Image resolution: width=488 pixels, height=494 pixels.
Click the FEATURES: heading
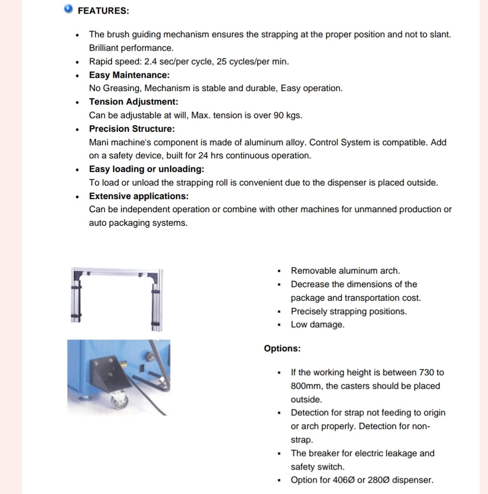click(x=103, y=11)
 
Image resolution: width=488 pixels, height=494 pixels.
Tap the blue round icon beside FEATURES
click(x=68, y=9)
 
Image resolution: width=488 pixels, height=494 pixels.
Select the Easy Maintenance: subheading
click(x=129, y=75)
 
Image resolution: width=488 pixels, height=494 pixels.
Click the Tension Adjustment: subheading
click(x=133, y=102)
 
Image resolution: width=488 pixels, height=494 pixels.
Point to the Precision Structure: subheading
click(x=131, y=129)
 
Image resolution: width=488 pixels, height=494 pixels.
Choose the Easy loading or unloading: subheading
click(x=146, y=169)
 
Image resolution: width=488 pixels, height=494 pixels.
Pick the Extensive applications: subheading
click(x=139, y=196)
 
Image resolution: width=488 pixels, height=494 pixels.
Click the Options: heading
click(x=282, y=349)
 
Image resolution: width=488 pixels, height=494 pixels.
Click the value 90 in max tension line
click(x=279, y=115)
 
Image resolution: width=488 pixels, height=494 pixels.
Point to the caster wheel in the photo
click(x=120, y=401)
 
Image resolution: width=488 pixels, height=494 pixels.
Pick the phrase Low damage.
click(x=317, y=325)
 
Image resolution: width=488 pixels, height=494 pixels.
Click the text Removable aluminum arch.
click(x=345, y=271)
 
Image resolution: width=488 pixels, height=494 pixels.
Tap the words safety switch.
click(x=317, y=467)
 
